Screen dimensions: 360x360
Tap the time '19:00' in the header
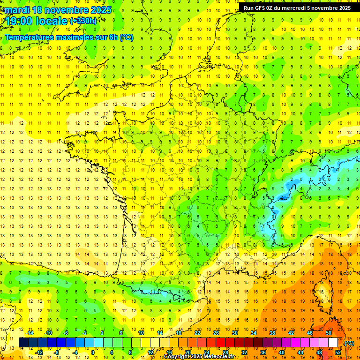pos(19,21)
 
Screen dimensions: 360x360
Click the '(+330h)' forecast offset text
pos(83,21)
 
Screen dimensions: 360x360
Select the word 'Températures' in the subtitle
pos(28,37)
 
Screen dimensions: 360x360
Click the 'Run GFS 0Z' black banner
pos(297,8)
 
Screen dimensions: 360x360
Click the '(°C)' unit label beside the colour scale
pos(349,343)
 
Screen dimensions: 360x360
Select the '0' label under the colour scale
pos(93,352)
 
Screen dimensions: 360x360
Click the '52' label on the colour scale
pos(337,352)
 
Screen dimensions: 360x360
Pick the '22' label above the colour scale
pos(197,333)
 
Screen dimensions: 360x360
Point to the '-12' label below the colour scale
pos(39,352)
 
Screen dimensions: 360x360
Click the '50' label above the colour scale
pos(328,333)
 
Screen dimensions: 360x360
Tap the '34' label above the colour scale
pos(254,333)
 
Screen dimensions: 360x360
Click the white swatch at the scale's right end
pos(333,343)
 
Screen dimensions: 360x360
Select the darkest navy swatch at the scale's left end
pos(23,343)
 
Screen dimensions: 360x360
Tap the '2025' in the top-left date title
pos(101,10)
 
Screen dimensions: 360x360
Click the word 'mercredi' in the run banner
pos(292,8)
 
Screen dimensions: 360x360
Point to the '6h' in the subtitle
pos(113,37)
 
